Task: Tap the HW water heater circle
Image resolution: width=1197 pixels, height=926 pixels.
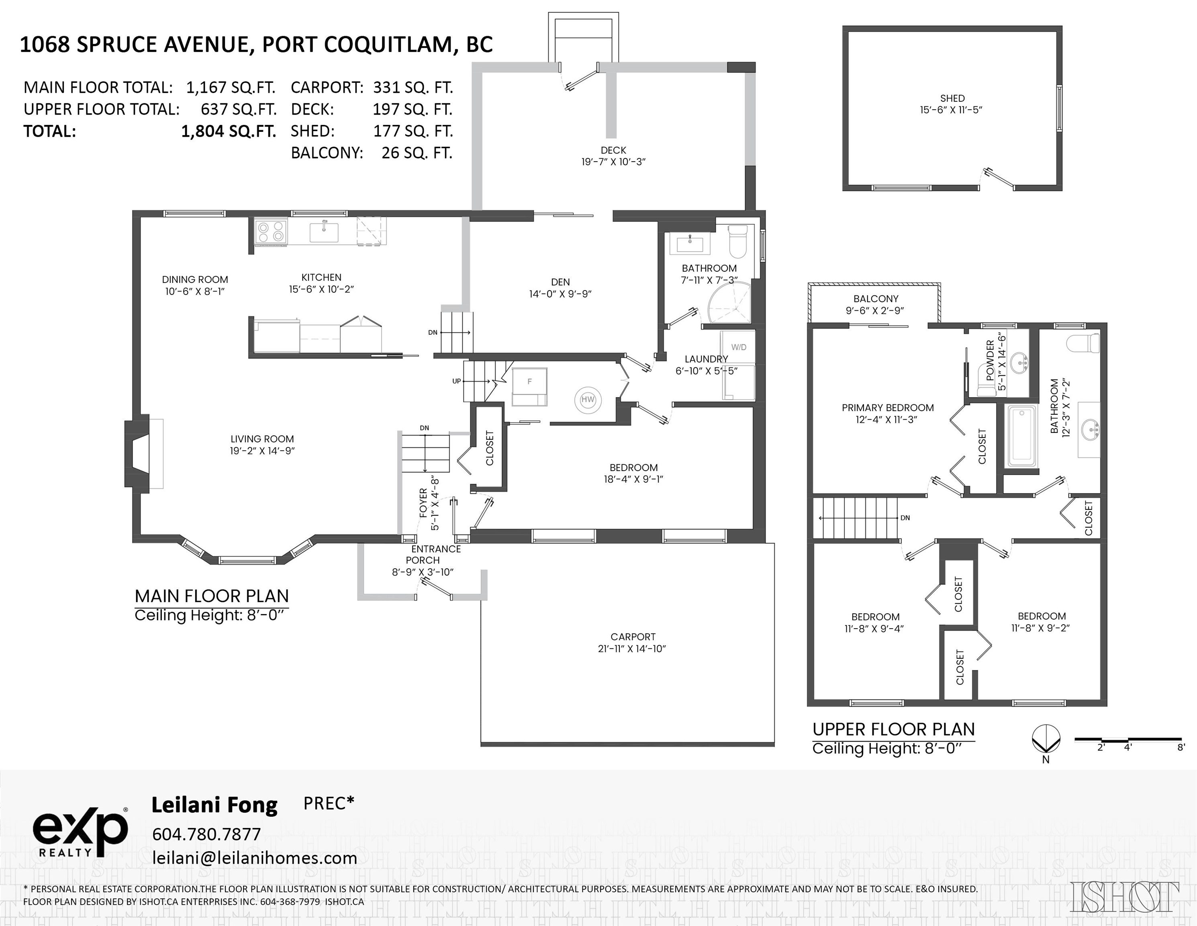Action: (x=588, y=399)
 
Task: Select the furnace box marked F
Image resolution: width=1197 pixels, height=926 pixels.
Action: (x=529, y=381)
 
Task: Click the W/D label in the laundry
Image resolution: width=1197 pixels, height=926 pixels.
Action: (x=738, y=347)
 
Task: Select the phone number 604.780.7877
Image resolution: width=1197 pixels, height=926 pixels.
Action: (x=206, y=834)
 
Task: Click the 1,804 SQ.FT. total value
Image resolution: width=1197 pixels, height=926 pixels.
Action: (x=229, y=131)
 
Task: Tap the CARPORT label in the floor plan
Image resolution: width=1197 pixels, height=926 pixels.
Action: (x=633, y=637)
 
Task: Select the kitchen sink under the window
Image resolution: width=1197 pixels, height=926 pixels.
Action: (x=324, y=231)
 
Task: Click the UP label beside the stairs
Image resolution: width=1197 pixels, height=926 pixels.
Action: (x=456, y=381)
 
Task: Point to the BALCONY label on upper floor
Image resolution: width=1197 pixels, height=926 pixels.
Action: (x=875, y=299)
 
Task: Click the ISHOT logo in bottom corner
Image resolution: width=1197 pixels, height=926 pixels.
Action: (x=1124, y=896)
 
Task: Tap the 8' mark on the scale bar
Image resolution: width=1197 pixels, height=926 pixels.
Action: (x=1181, y=747)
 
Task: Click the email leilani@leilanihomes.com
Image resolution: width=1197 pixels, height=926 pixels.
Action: (x=255, y=857)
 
